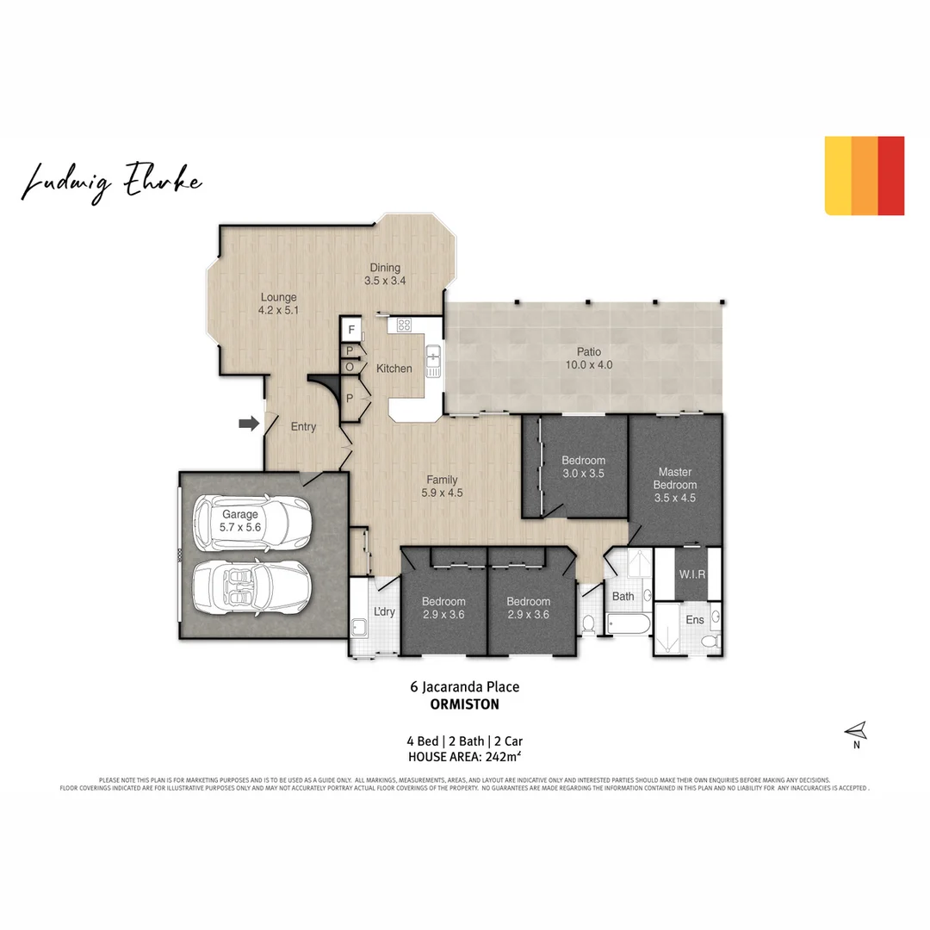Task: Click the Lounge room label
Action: pos(278,304)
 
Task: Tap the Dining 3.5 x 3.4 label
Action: pos(385,274)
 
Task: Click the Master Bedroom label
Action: pos(674,484)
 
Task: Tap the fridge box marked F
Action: pos(351,330)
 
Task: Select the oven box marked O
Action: pos(350,366)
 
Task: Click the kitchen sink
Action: pos(434,355)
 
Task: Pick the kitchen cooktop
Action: pos(404,325)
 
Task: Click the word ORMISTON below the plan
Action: pos(464,704)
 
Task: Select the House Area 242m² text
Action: pos(464,758)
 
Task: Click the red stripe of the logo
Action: pos(891,175)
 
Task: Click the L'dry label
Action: pos(383,612)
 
